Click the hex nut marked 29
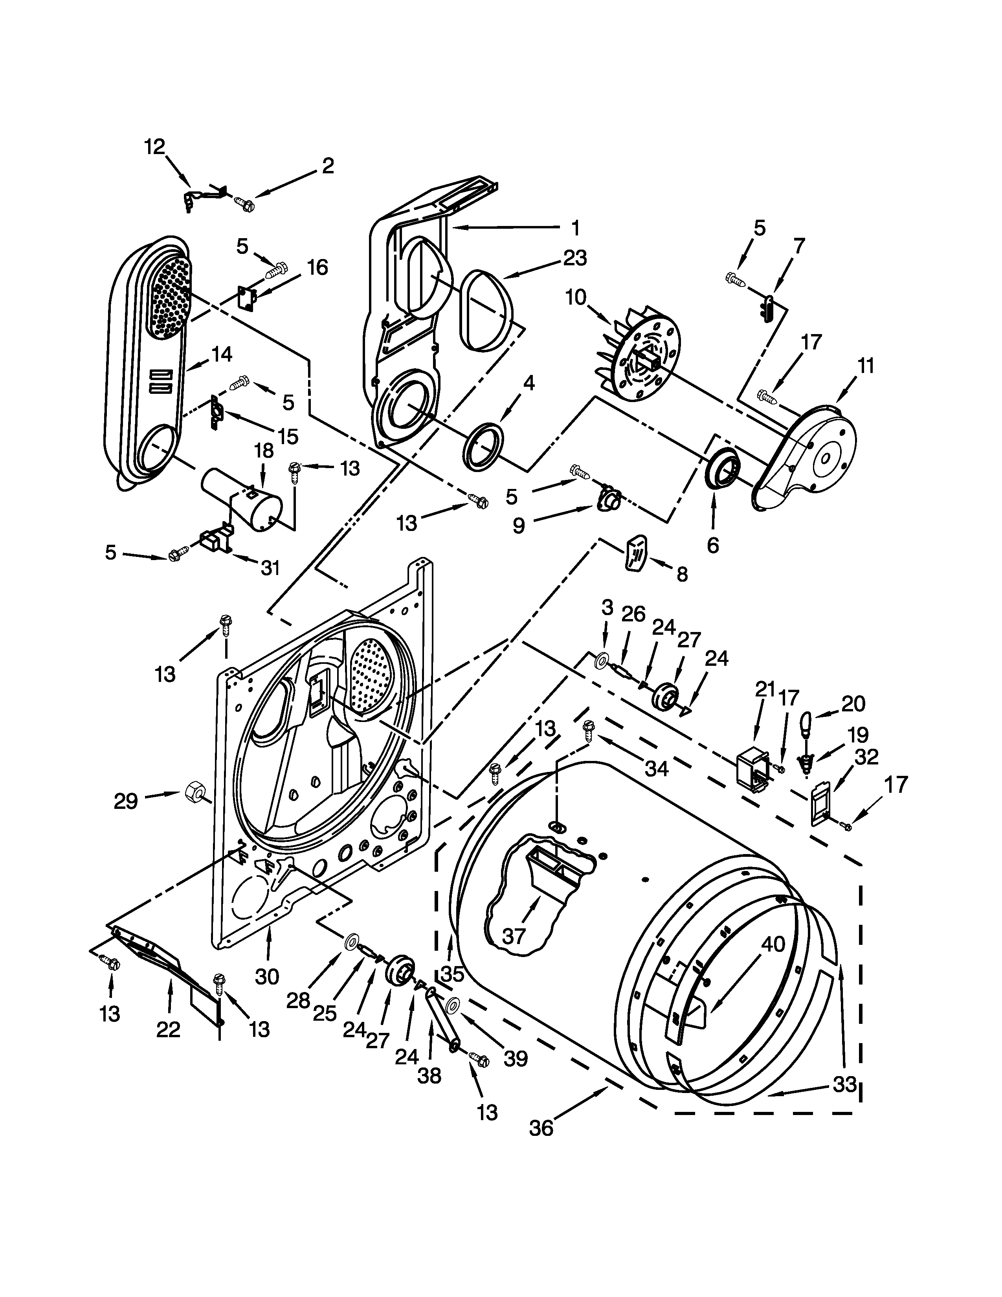point(195,792)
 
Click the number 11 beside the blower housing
point(866,366)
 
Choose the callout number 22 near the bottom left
point(168,1029)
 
